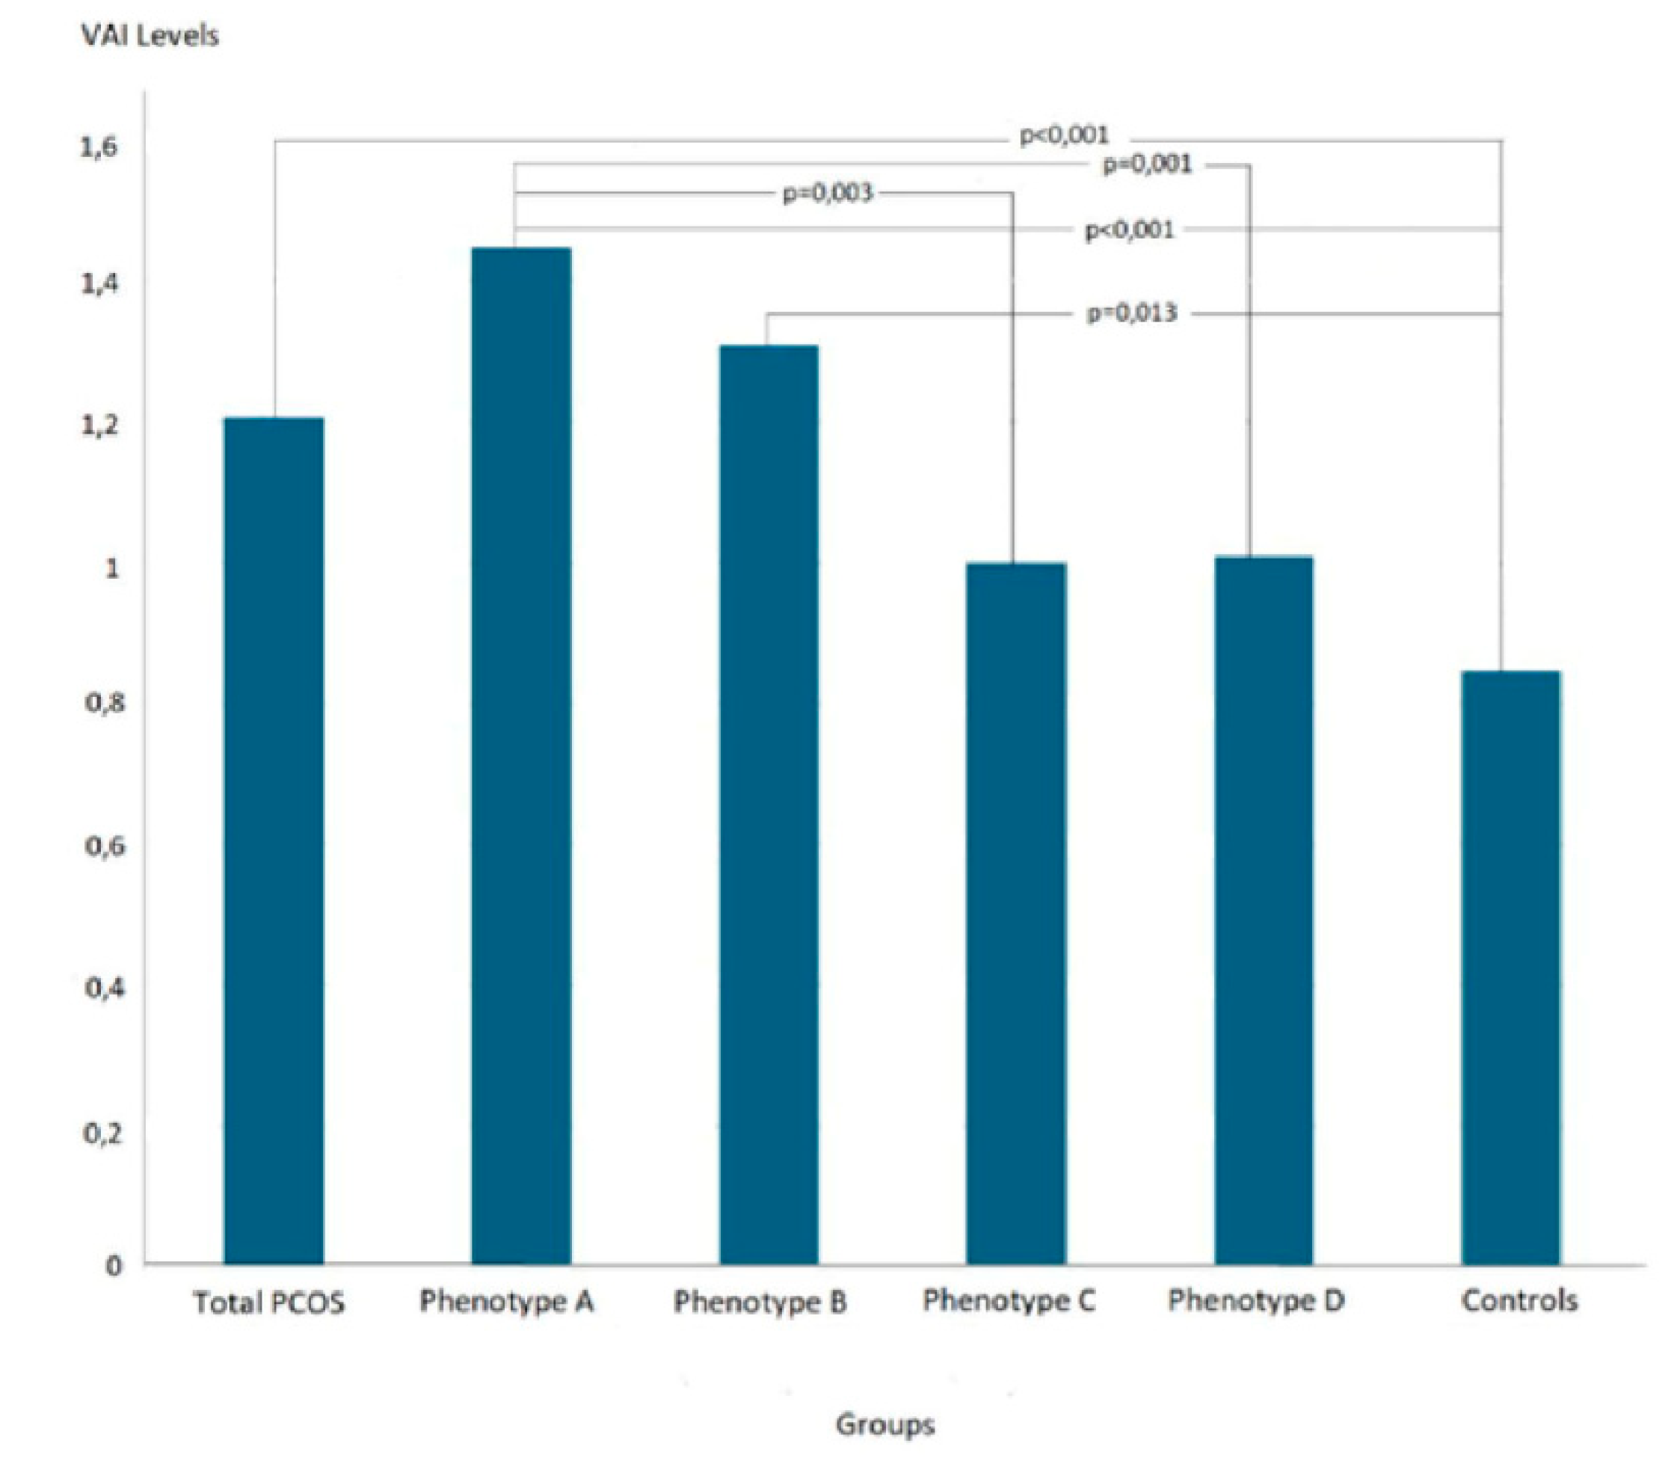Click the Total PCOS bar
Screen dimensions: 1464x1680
pos(274,840)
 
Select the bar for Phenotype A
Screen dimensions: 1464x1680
pos(521,756)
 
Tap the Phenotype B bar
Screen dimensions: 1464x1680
pos(769,805)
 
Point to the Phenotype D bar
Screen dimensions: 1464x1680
pos(1264,910)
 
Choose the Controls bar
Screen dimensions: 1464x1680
pos(1511,968)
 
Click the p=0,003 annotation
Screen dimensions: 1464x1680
pos(828,194)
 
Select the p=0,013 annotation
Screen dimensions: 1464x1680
pos(1132,313)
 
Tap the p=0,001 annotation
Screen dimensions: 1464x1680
pos(1148,165)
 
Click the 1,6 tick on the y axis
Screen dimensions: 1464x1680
pos(99,148)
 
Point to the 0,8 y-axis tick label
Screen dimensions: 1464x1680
pos(105,703)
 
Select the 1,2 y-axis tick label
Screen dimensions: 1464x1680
pos(99,425)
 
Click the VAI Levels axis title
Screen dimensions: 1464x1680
pos(150,36)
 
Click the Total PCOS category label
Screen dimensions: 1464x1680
pos(268,1302)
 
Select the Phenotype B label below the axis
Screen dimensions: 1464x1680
pos(760,1302)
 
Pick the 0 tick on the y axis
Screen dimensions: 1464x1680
pos(114,1267)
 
